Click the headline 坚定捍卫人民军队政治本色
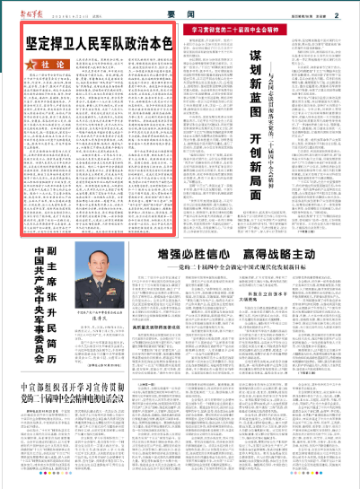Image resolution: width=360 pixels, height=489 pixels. pyautogui.click(x=99, y=41)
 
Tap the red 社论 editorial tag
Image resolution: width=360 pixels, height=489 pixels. pyautogui.click(x=44, y=65)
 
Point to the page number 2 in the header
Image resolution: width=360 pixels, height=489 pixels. pyautogui.click(x=335, y=13)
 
